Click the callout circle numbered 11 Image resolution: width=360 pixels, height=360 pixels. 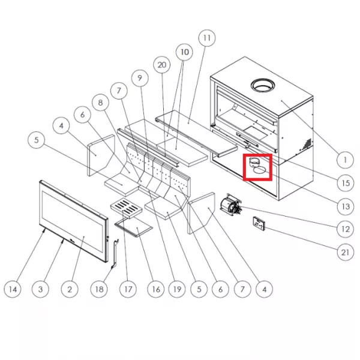pos(207,38)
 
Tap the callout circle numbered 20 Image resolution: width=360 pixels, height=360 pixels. pos(162,65)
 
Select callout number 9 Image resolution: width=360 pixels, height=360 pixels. pos(140,78)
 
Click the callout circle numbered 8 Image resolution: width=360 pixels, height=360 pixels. pos(100,103)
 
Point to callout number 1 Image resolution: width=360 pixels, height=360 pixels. pos(345,160)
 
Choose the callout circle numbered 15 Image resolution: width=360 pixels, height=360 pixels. pos(346,183)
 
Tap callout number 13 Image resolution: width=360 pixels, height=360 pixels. pos(346,206)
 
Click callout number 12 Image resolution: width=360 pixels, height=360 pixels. pos(346,229)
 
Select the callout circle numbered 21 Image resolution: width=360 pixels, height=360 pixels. pos(346,253)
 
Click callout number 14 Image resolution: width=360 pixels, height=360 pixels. pos(13,289)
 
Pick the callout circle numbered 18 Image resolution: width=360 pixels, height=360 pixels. pos(99,289)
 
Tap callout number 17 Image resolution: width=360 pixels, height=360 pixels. pos(128,289)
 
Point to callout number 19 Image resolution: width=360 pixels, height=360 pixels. pos(177,289)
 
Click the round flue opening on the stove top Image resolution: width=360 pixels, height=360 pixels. pos(263,86)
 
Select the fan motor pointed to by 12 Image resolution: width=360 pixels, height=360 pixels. pos(230,205)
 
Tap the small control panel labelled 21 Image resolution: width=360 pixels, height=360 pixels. pos(259,223)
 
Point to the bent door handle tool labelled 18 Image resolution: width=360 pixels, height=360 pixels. pos(115,254)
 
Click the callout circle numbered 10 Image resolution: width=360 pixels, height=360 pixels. pos(185,52)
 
